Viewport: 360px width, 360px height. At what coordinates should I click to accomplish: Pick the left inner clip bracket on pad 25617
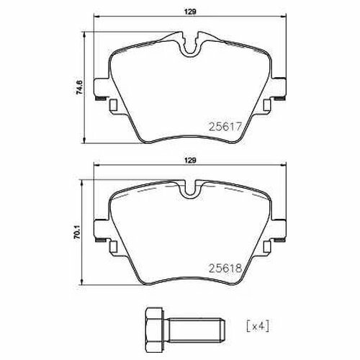(114, 104)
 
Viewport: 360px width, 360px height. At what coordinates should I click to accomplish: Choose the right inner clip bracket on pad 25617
(268, 104)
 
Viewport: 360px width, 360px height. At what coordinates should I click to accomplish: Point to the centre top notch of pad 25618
(191, 192)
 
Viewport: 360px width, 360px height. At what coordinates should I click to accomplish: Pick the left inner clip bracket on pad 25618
(114, 248)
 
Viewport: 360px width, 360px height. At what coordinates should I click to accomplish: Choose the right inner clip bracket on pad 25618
(268, 248)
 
